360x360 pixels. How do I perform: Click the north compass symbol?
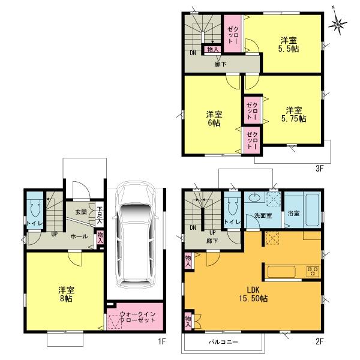coord(340,23)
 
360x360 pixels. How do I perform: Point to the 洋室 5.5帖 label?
coord(289,46)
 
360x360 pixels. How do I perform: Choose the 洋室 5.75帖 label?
coord(293,114)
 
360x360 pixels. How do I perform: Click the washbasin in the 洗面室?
coord(254,197)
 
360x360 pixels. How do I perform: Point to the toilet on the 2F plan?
coord(232,211)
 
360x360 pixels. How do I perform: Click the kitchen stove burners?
coord(313,271)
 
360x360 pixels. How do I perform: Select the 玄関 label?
coord(82,211)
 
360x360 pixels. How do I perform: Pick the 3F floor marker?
coord(319,168)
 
